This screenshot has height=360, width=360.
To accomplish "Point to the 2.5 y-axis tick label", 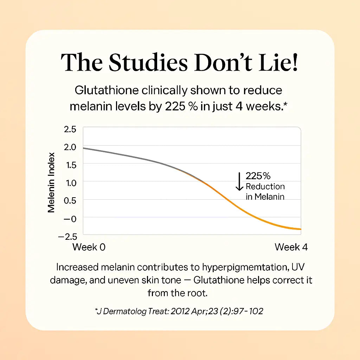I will (70, 129).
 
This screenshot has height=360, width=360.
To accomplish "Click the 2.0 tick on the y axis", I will (70, 147).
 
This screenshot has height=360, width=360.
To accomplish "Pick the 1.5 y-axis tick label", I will (70, 165).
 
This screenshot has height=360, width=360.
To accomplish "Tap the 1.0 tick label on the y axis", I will (70, 182).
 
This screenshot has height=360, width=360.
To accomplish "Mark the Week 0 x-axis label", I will (89, 247).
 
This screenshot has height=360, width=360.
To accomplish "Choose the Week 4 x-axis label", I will (291, 247).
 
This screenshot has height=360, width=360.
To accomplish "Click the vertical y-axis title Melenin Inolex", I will (51, 182).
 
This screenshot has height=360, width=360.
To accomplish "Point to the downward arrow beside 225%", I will (239, 181).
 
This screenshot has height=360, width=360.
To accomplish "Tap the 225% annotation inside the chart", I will (258, 176).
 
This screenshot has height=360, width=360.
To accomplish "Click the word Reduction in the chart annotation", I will (265, 186).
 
